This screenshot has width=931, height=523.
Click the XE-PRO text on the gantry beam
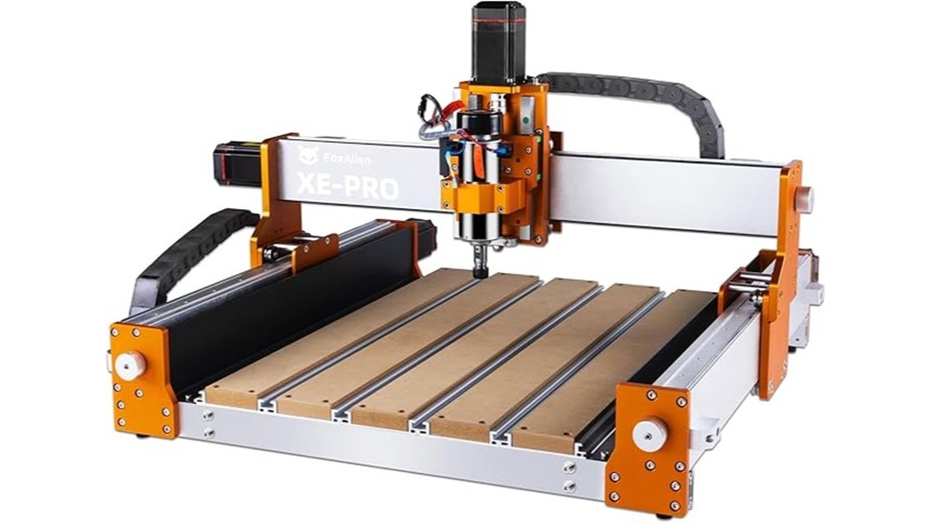[x=347, y=185]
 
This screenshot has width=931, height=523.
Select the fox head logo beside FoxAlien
[x=309, y=156]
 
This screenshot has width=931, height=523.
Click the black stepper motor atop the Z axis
[x=497, y=42]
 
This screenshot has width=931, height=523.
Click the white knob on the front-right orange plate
[x=650, y=433]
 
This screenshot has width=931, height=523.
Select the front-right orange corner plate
[x=647, y=446]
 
